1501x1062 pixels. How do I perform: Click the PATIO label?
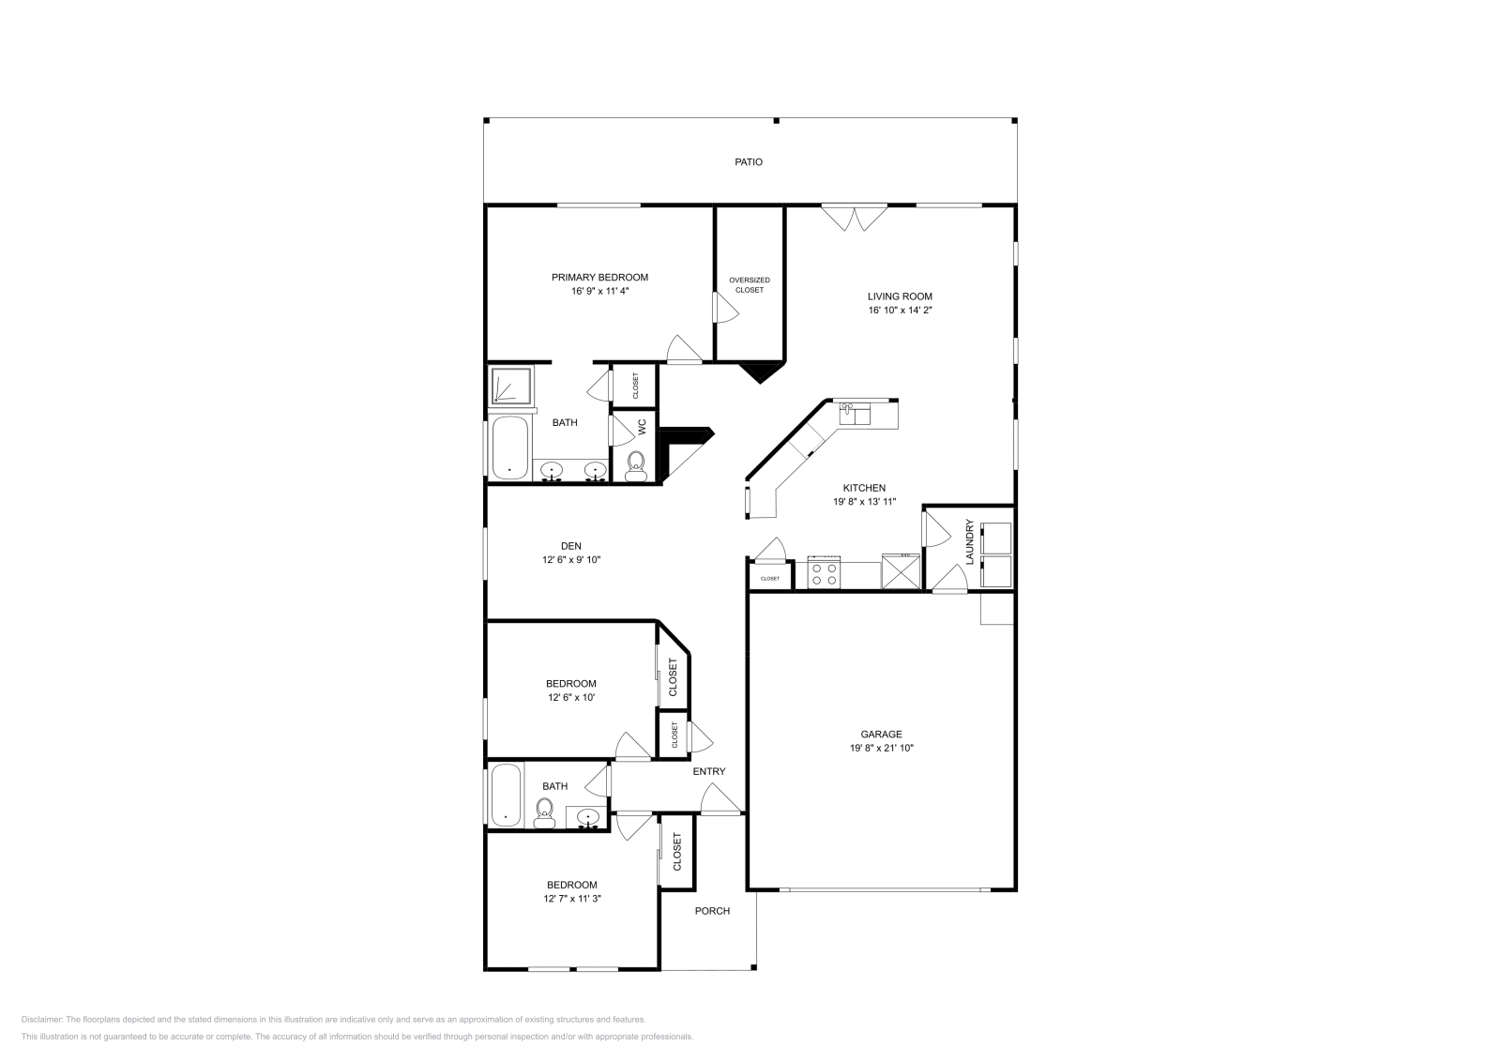click(x=749, y=162)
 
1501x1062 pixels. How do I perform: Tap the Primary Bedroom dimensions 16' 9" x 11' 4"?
click(x=599, y=292)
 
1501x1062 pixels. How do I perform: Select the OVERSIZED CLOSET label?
click(x=750, y=285)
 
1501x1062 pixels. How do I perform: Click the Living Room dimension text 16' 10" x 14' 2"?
click(x=900, y=311)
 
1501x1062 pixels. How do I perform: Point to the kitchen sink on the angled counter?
click(x=855, y=414)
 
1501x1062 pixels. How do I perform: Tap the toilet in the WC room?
click(x=635, y=466)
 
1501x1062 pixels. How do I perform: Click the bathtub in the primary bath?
click(x=509, y=448)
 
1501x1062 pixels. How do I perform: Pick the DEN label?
click(x=571, y=546)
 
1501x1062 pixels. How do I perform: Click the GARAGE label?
click(x=881, y=735)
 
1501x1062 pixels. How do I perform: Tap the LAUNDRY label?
click(x=969, y=541)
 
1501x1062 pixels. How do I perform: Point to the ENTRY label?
click(x=709, y=771)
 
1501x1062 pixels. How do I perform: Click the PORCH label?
click(x=712, y=911)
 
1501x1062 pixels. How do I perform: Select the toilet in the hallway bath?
click(x=544, y=814)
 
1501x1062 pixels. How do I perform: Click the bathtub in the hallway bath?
click(x=506, y=796)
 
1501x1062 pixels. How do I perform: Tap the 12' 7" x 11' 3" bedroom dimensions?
click(x=572, y=899)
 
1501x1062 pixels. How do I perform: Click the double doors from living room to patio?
click(x=855, y=218)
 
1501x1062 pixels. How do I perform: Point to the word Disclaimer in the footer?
click(x=42, y=1020)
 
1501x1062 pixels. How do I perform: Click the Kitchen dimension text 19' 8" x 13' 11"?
click(x=864, y=502)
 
